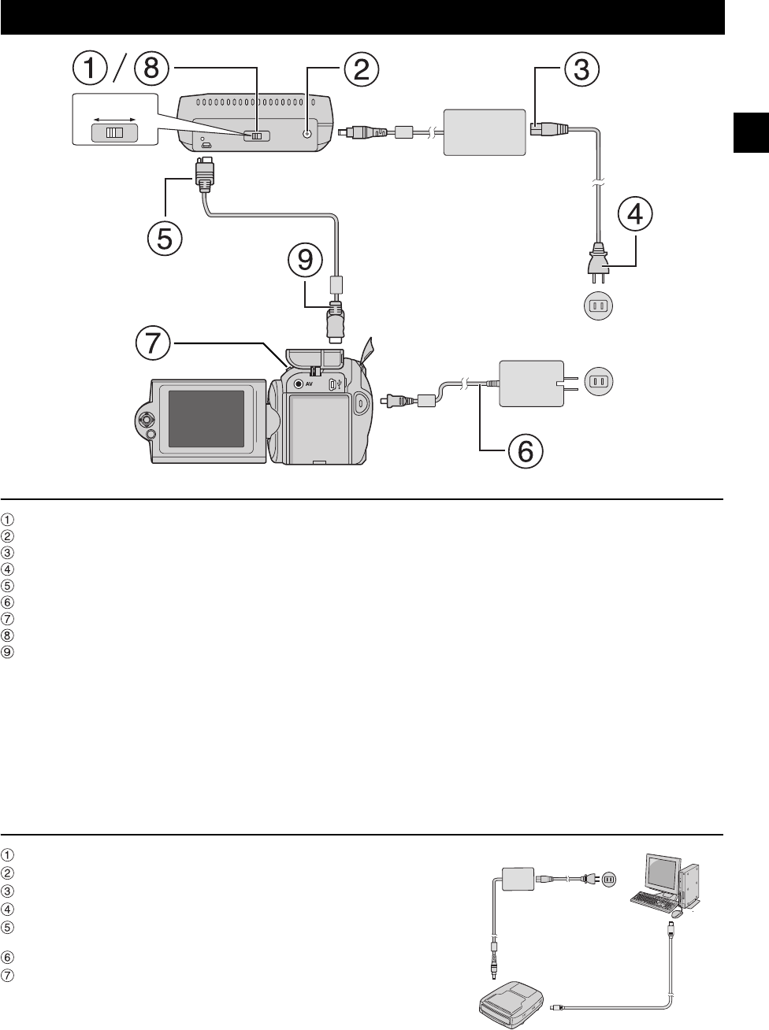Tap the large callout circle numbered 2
pyautogui.click(x=360, y=69)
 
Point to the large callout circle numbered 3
pyautogui.click(x=581, y=69)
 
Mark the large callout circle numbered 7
pyautogui.click(x=154, y=343)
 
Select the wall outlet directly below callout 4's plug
pyautogui.click(x=598, y=306)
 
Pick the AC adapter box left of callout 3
pyautogui.click(x=484, y=133)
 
